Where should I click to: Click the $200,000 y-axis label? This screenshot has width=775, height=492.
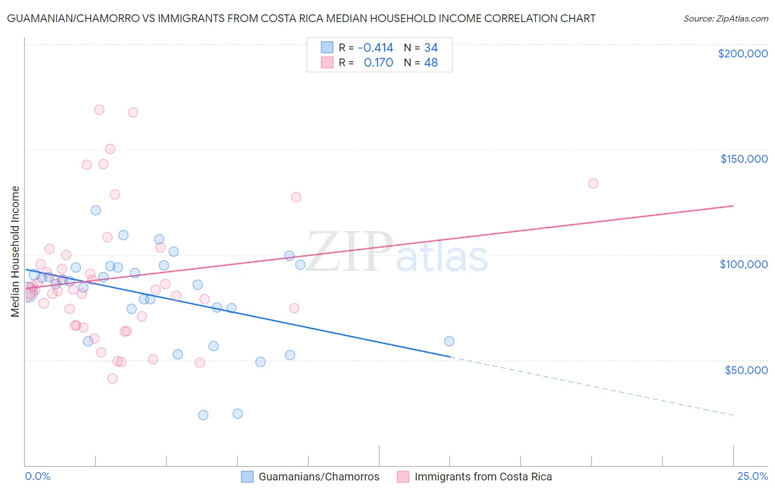(x=742, y=54)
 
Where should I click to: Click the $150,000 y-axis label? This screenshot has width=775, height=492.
(x=744, y=159)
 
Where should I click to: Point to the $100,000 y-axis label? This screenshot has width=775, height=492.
(x=744, y=264)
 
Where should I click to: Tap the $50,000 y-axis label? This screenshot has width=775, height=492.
(x=746, y=370)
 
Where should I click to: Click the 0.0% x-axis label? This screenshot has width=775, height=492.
(x=37, y=476)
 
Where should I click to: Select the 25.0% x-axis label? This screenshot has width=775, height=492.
(x=752, y=476)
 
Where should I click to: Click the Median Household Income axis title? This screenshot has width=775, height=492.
(x=15, y=252)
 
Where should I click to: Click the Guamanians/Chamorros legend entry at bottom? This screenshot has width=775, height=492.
(x=319, y=477)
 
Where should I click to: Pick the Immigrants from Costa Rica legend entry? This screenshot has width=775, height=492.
(x=483, y=477)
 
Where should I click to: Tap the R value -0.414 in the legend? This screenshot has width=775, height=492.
(x=375, y=47)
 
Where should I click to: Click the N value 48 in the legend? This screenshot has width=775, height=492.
(x=430, y=63)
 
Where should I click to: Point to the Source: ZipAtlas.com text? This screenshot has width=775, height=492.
(x=725, y=19)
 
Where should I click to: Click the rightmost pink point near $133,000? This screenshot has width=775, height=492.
(x=593, y=183)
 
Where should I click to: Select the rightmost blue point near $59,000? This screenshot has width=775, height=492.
(x=449, y=341)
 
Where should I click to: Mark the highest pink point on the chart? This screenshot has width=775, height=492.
(x=99, y=109)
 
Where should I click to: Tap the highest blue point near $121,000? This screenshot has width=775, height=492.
(x=96, y=210)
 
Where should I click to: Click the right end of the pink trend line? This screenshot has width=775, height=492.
(x=733, y=206)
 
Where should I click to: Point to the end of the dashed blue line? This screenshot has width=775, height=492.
(x=733, y=415)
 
